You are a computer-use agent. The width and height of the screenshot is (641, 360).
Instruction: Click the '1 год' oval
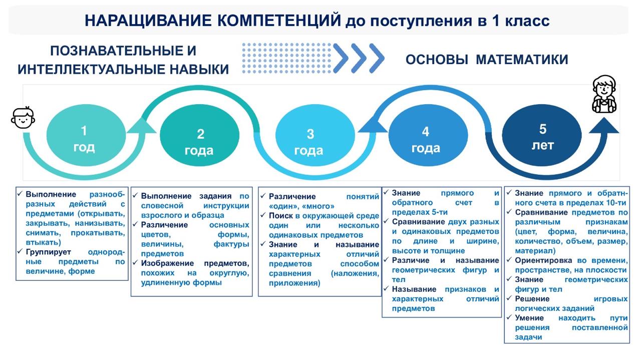tap(86, 135)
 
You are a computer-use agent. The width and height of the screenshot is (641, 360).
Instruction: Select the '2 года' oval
tap(199, 135)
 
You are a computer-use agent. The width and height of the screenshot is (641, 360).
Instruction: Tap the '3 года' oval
tap(315, 135)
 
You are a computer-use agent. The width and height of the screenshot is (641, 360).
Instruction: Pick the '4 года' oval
tap(428, 135)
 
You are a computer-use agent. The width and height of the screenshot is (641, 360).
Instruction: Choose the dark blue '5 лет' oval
tap(542, 135)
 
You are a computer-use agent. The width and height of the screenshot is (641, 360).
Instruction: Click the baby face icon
tap(23, 118)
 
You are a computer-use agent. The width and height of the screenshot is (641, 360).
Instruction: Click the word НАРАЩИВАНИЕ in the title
tap(149, 21)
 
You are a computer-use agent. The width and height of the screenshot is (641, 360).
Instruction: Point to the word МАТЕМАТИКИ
tap(522, 60)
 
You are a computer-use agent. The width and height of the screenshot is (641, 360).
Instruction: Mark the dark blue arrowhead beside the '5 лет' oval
tap(604, 125)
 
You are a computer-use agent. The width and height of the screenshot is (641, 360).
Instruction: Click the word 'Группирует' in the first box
tap(49, 252)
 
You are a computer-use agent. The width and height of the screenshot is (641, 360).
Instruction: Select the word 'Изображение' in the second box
tap(167, 263)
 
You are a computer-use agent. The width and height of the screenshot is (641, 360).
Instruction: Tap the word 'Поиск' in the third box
tap(281, 215)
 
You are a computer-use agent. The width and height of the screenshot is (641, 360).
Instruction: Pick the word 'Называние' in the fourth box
tap(414, 289)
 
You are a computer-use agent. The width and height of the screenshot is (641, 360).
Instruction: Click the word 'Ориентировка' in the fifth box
tap(543, 260)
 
